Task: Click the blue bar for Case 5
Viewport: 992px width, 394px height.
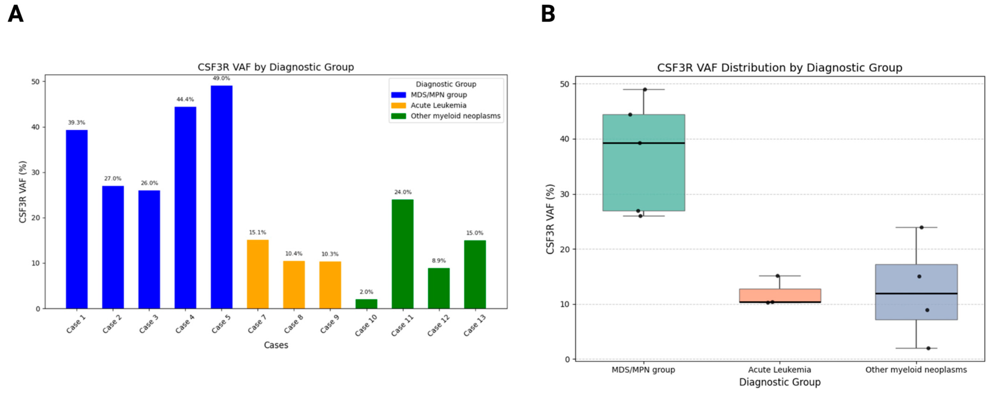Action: pyautogui.click(x=221, y=197)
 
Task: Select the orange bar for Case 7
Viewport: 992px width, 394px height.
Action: pyautogui.click(x=258, y=274)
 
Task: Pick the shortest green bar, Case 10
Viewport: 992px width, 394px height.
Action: pyautogui.click(x=366, y=304)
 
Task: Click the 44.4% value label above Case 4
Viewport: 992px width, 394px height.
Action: pyautogui.click(x=185, y=99)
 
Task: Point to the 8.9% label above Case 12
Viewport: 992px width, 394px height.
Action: pyautogui.click(x=439, y=261)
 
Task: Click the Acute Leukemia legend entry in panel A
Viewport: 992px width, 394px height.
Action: pyautogui.click(x=438, y=105)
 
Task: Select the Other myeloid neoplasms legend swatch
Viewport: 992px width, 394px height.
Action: pyautogui.click(x=399, y=116)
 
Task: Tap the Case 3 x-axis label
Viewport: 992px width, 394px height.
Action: pyautogui.click(x=149, y=324)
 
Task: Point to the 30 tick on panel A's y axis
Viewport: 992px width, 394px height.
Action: pyautogui.click(x=36, y=172)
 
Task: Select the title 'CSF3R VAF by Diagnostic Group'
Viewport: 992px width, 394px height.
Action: pyautogui.click(x=276, y=67)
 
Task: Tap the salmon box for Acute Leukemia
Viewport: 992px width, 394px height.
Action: pyautogui.click(x=780, y=295)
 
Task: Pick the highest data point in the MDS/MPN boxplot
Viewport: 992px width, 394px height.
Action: pyautogui.click(x=645, y=90)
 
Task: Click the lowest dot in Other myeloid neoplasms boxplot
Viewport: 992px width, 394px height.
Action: pyautogui.click(x=928, y=348)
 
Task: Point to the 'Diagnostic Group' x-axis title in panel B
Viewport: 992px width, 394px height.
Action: pyautogui.click(x=780, y=382)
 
